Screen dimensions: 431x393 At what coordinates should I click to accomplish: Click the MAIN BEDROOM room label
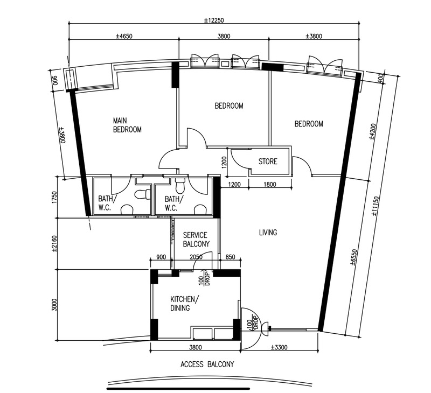[127, 125]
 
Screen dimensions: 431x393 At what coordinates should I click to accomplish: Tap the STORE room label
[268, 161]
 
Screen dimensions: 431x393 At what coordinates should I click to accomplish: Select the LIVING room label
[268, 233]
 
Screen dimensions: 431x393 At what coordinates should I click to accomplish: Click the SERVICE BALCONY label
[196, 240]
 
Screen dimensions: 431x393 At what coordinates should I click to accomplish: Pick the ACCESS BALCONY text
[207, 364]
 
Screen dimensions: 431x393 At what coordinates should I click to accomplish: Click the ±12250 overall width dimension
[214, 20]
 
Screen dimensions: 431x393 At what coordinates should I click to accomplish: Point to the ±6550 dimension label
[353, 257]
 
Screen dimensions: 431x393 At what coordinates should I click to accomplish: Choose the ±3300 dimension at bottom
[279, 347]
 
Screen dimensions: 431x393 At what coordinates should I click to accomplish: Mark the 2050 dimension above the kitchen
[196, 257]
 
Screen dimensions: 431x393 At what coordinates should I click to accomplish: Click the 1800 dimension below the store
[270, 185]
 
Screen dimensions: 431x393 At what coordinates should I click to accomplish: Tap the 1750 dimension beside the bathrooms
[54, 197]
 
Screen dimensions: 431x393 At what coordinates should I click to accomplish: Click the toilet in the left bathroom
[143, 194]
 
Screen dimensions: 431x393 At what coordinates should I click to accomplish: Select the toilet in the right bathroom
[180, 185]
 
